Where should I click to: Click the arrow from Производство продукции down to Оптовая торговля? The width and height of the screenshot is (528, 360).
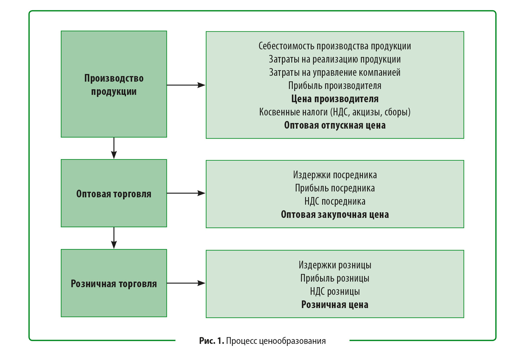[114, 148]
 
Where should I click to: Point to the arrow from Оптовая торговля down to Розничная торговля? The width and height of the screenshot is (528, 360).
[114, 238]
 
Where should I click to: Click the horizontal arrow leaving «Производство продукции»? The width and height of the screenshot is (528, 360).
[186, 85]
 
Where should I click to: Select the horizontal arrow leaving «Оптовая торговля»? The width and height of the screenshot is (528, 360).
[186, 193]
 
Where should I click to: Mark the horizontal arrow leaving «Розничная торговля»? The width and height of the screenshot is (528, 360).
[186, 283]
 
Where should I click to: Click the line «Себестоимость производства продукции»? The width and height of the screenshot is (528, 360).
[335, 46]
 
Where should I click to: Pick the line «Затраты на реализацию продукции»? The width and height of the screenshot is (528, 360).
[335, 59]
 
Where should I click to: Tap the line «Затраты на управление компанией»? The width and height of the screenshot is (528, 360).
[335, 73]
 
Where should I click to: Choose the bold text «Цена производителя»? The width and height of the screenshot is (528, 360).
[335, 99]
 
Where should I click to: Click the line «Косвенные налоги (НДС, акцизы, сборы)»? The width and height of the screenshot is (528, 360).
[335, 112]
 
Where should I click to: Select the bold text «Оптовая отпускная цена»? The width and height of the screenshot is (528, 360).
[335, 125]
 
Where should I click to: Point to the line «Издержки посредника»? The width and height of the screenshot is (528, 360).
[335, 175]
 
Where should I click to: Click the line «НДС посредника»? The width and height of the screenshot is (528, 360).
[335, 201]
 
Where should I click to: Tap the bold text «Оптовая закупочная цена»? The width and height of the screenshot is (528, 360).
[335, 215]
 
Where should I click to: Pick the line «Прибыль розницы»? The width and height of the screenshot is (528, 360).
[335, 278]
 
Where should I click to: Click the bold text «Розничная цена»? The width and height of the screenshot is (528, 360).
[335, 305]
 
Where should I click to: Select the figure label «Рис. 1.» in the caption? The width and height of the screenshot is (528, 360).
[211, 341]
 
